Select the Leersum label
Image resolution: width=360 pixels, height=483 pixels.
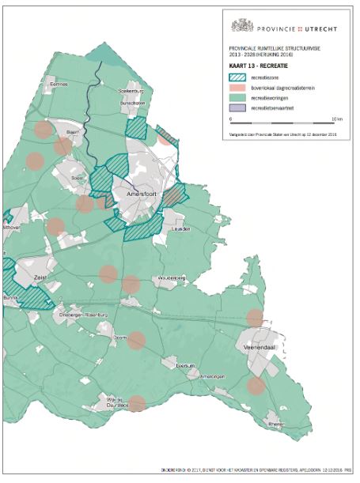tap(185, 366)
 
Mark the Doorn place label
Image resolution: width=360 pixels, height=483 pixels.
tap(120, 337)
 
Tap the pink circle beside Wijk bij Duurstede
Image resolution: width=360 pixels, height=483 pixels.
tap(137, 403)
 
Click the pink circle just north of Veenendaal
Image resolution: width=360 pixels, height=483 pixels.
tap(255, 317)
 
